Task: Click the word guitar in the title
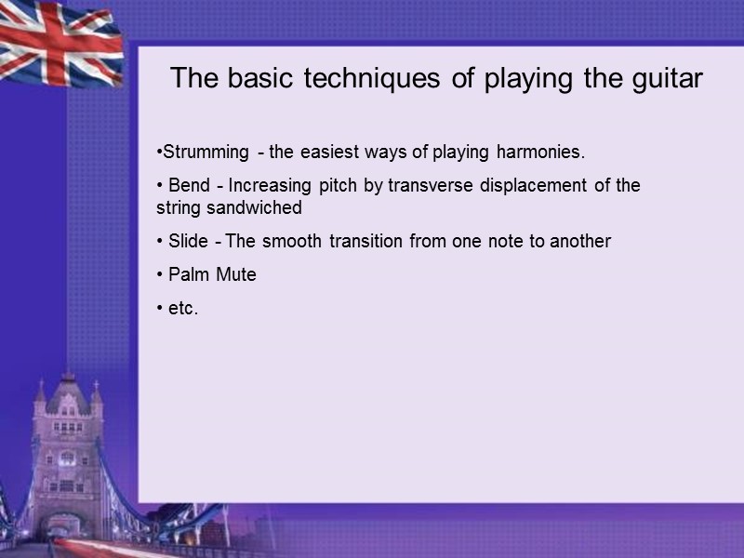point(661,79)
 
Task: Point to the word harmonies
point(540,152)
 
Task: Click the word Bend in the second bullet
point(189,185)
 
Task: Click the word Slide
point(189,241)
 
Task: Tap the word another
point(580,241)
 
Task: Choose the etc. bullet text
point(183,308)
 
